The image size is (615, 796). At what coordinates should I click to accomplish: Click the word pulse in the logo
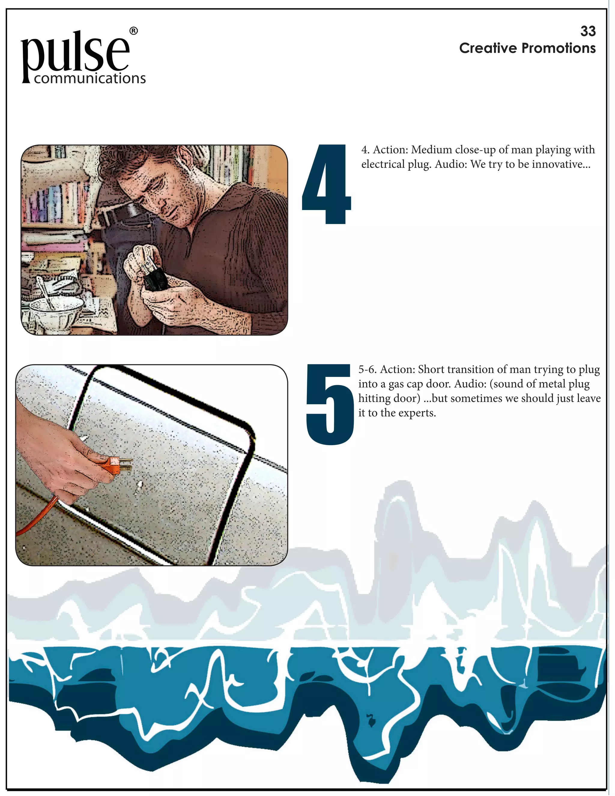[75, 55]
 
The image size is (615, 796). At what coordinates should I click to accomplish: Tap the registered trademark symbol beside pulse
[134, 31]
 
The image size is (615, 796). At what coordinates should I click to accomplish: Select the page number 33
[588, 31]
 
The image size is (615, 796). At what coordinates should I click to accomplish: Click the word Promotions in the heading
[559, 48]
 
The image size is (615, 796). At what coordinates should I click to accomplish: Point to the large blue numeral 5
[330, 404]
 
